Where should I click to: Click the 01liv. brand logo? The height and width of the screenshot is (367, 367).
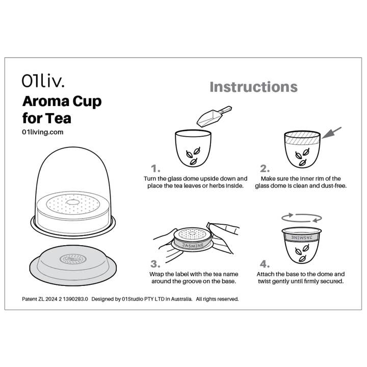click(43, 81)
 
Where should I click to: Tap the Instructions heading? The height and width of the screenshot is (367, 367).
click(253, 87)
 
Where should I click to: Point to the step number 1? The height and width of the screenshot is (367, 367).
click(155, 168)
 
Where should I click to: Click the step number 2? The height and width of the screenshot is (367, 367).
click(265, 168)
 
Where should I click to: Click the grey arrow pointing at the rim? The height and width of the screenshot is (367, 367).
click(331, 134)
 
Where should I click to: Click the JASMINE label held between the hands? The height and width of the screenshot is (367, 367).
click(191, 245)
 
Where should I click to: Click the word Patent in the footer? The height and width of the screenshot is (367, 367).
click(31, 299)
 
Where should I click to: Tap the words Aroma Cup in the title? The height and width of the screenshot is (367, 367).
click(62, 101)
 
